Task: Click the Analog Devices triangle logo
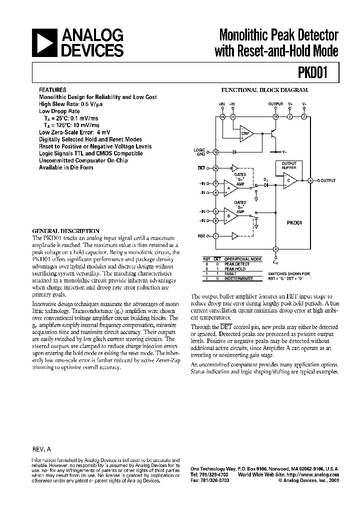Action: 43,43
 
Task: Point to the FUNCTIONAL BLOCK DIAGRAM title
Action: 264,90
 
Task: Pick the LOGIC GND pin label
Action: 199,151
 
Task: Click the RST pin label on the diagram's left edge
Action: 201,235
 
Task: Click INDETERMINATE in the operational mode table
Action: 238,278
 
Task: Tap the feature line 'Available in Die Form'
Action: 66,167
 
